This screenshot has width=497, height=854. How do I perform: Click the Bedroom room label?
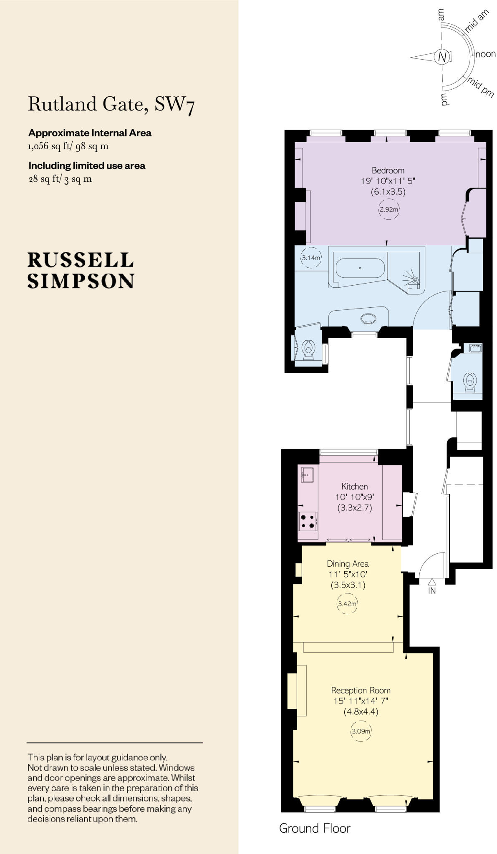(x=388, y=170)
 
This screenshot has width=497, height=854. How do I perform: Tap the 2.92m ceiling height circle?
(x=389, y=209)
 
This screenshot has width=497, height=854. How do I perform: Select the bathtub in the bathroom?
(x=360, y=268)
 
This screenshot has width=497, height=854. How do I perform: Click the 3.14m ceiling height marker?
(x=311, y=258)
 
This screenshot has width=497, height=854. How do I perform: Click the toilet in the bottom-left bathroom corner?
(x=308, y=349)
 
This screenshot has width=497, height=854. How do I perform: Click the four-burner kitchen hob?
(x=308, y=521)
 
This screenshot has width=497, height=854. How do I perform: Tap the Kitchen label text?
(x=354, y=486)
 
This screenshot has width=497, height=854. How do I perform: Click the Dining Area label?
(x=348, y=564)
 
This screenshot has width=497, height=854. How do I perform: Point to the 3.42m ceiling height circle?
(x=347, y=603)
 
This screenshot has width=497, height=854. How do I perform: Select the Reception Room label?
(x=361, y=690)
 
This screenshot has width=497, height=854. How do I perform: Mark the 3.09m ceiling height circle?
(x=361, y=731)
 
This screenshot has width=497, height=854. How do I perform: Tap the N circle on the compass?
(x=442, y=56)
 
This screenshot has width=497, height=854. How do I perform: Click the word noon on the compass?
(x=486, y=54)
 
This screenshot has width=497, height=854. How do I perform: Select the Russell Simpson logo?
(x=81, y=270)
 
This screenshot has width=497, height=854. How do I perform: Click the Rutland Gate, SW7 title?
(x=111, y=104)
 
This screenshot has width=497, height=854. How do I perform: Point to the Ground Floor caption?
(x=315, y=828)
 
